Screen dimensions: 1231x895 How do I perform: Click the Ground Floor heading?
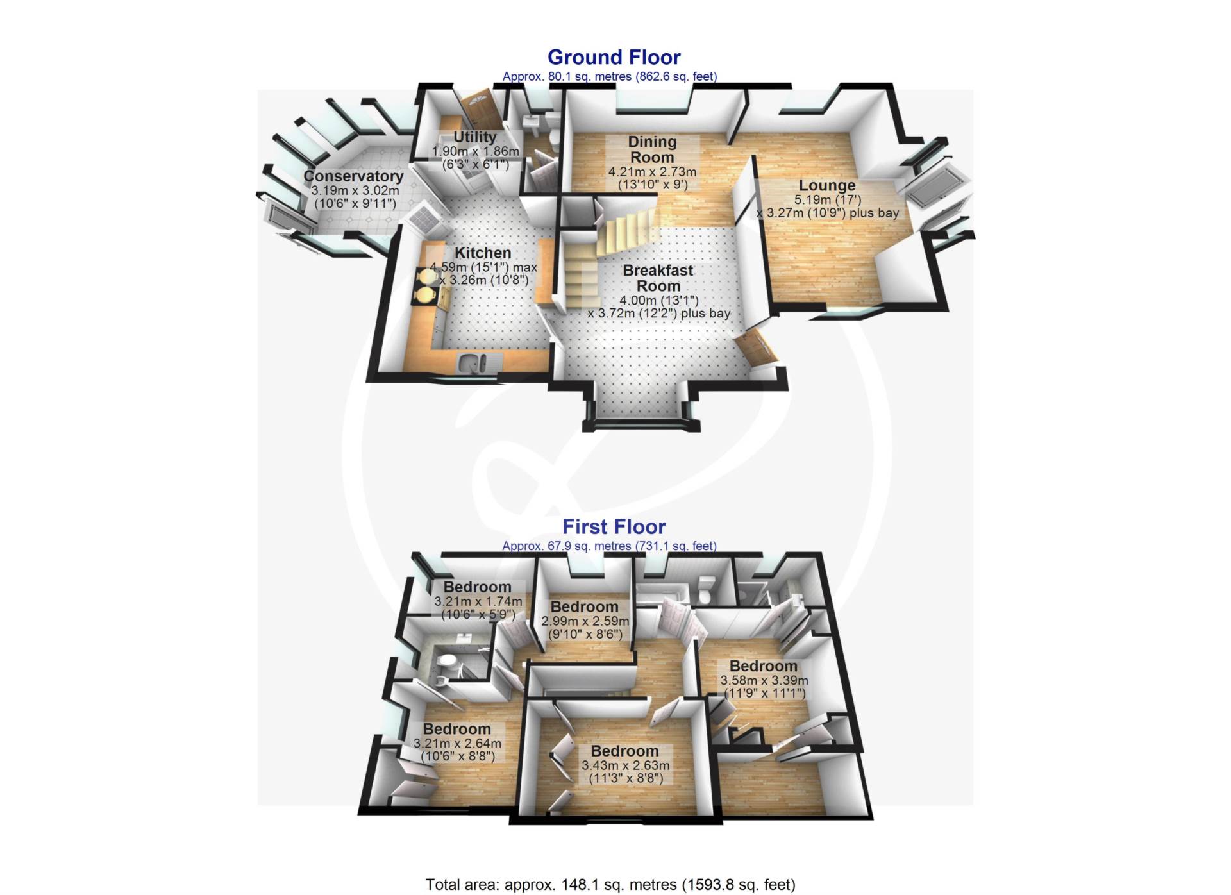tap(614, 57)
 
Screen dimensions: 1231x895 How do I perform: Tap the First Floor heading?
tap(614, 526)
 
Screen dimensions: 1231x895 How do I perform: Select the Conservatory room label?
tap(353, 176)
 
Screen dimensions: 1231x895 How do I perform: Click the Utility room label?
tap(474, 137)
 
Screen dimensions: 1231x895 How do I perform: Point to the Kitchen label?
tap(483, 253)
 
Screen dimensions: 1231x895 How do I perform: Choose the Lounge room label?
tap(827, 185)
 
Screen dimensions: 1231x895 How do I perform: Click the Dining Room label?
tap(652, 149)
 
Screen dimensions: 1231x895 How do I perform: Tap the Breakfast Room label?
tap(658, 278)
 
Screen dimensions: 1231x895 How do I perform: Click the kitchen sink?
tap(473, 364)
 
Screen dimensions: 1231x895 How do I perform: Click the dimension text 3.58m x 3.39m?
tap(764, 680)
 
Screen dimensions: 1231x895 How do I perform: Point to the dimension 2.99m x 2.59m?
tap(585, 621)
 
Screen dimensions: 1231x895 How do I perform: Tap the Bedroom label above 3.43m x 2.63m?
tap(624, 751)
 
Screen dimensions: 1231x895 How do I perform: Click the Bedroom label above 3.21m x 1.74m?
tap(477, 587)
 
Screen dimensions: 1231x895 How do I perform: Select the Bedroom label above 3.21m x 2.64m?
tap(456, 729)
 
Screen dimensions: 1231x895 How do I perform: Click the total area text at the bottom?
tap(610, 885)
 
